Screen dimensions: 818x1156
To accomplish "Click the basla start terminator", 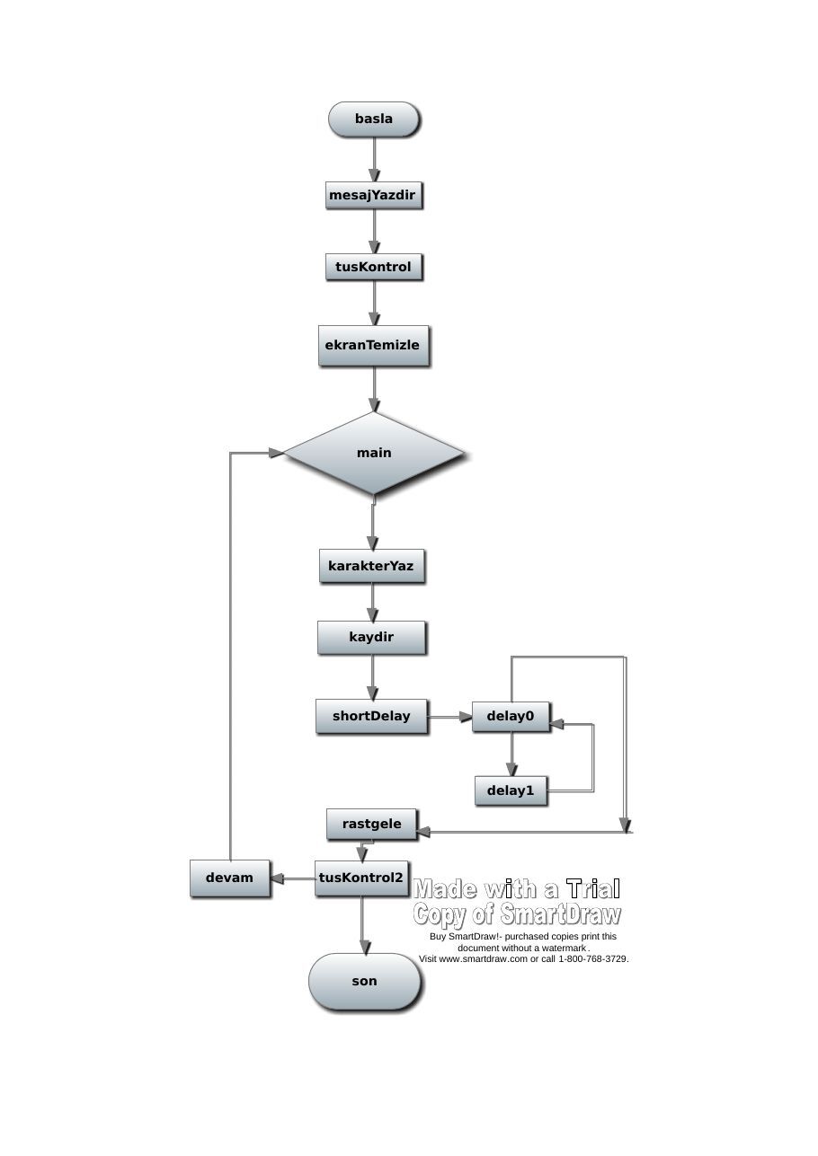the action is click(373, 119).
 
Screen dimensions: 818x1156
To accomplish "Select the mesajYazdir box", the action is click(373, 195).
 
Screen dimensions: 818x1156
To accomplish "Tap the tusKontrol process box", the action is click(373, 267).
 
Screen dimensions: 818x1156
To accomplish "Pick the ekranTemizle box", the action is click(373, 345).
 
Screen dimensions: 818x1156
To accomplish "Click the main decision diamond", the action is click(374, 453).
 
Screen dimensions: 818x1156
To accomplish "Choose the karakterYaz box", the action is click(372, 566).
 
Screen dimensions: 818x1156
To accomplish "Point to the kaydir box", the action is click(371, 638).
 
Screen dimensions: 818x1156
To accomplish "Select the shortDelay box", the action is click(372, 716).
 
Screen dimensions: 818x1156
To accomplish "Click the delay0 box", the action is click(511, 716).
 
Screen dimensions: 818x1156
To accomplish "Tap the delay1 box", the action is click(511, 790).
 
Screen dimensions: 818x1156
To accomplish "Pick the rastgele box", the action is click(371, 825).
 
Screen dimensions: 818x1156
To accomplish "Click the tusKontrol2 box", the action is click(361, 878).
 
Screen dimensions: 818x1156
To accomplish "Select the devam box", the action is click(230, 878).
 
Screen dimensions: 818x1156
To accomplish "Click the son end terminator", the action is click(365, 982).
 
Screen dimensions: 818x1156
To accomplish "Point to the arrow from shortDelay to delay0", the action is click(449, 717).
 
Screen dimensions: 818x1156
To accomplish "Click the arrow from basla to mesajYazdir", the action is click(375, 159).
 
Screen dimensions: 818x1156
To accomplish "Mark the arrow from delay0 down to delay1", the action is click(511, 754).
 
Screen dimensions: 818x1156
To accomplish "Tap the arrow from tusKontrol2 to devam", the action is click(292, 878).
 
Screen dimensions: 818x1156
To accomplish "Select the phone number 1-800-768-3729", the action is click(593, 959).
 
